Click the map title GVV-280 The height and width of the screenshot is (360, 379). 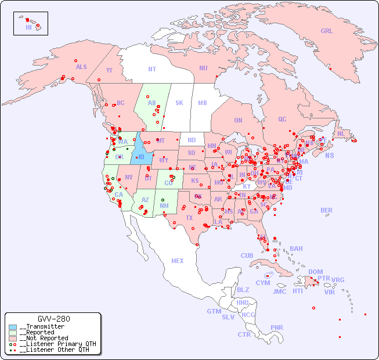coord(53,319)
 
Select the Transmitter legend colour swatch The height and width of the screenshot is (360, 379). coord(13,326)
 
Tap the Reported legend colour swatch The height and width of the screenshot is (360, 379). coord(13,332)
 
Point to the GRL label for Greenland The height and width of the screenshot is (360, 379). coord(327,31)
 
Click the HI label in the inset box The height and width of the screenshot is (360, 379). coord(28,27)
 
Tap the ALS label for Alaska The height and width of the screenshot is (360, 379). coord(81,67)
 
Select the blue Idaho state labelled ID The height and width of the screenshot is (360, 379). coord(140,157)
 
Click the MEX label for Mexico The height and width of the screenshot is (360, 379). coord(178,261)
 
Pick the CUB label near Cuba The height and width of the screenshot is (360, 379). coord(247,255)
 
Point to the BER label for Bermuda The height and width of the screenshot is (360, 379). coord(326,210)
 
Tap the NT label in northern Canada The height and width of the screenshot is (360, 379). coord(152,69)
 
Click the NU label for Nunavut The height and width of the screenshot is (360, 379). coord(203,68)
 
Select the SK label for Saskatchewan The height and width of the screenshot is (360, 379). coord(179,103)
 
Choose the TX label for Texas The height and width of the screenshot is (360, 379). coord(189,218)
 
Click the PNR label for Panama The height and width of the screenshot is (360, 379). coord(277,327)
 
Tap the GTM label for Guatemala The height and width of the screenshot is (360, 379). coord(214,311)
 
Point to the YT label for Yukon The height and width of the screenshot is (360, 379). coord(109,70)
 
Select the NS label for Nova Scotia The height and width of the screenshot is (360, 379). coord(329,155)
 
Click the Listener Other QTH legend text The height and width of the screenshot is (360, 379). coord(54,350)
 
